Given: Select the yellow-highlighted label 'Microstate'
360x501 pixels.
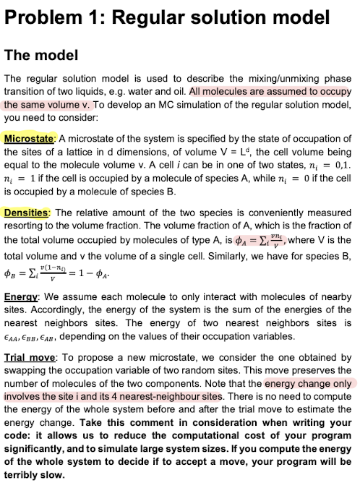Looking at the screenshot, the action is click(28, 139).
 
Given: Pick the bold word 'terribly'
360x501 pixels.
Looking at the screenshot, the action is click(25, 482).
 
